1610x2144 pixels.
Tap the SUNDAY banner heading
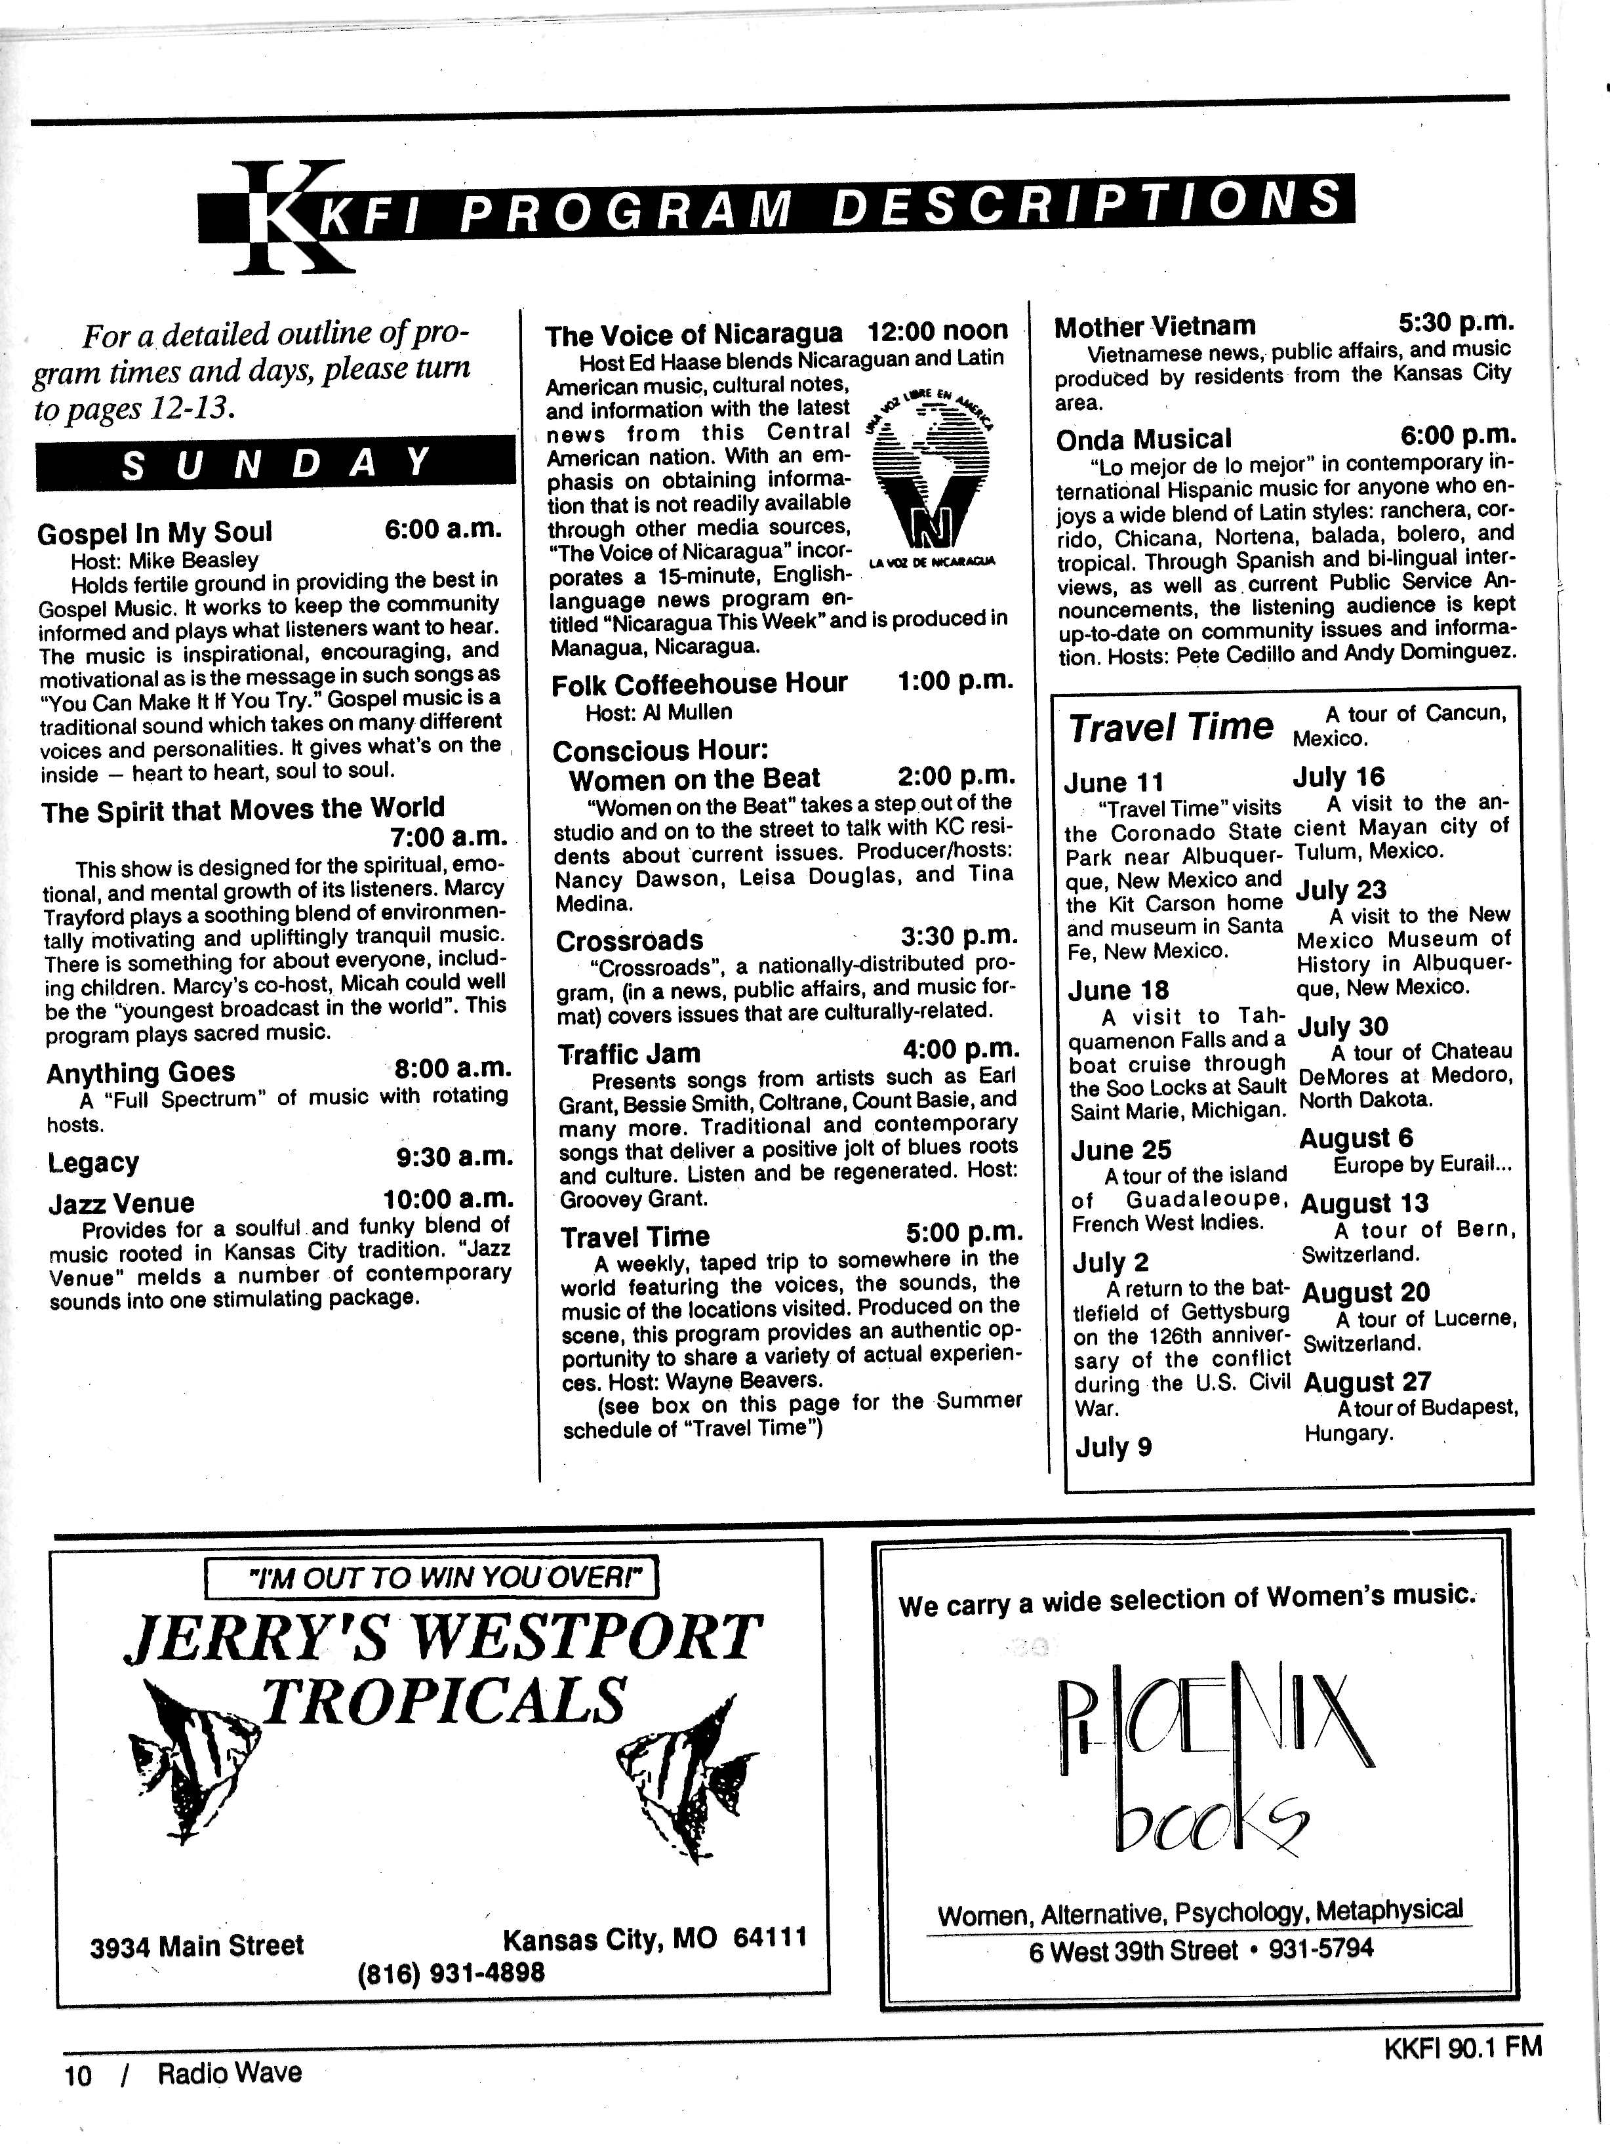click(275, 462)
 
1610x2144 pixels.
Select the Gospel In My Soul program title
click(154, 533)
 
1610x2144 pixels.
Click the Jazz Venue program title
click(121, 1203)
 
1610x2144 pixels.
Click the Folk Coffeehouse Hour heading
click(699, 684)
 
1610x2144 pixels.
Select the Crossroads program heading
click(629, 941)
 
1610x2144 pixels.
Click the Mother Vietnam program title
click(1154, 327)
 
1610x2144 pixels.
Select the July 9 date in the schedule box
click(1114, 1447)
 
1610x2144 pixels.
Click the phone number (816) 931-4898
click(451, 1972)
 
